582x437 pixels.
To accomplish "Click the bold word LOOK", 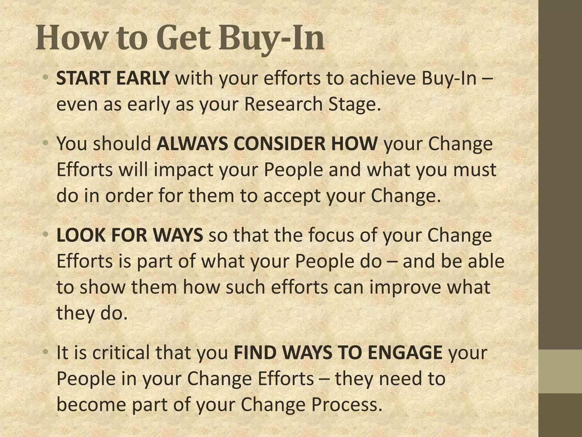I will click(x=81, y=235).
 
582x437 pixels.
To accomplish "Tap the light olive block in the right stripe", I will click(x=560, y=371).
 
